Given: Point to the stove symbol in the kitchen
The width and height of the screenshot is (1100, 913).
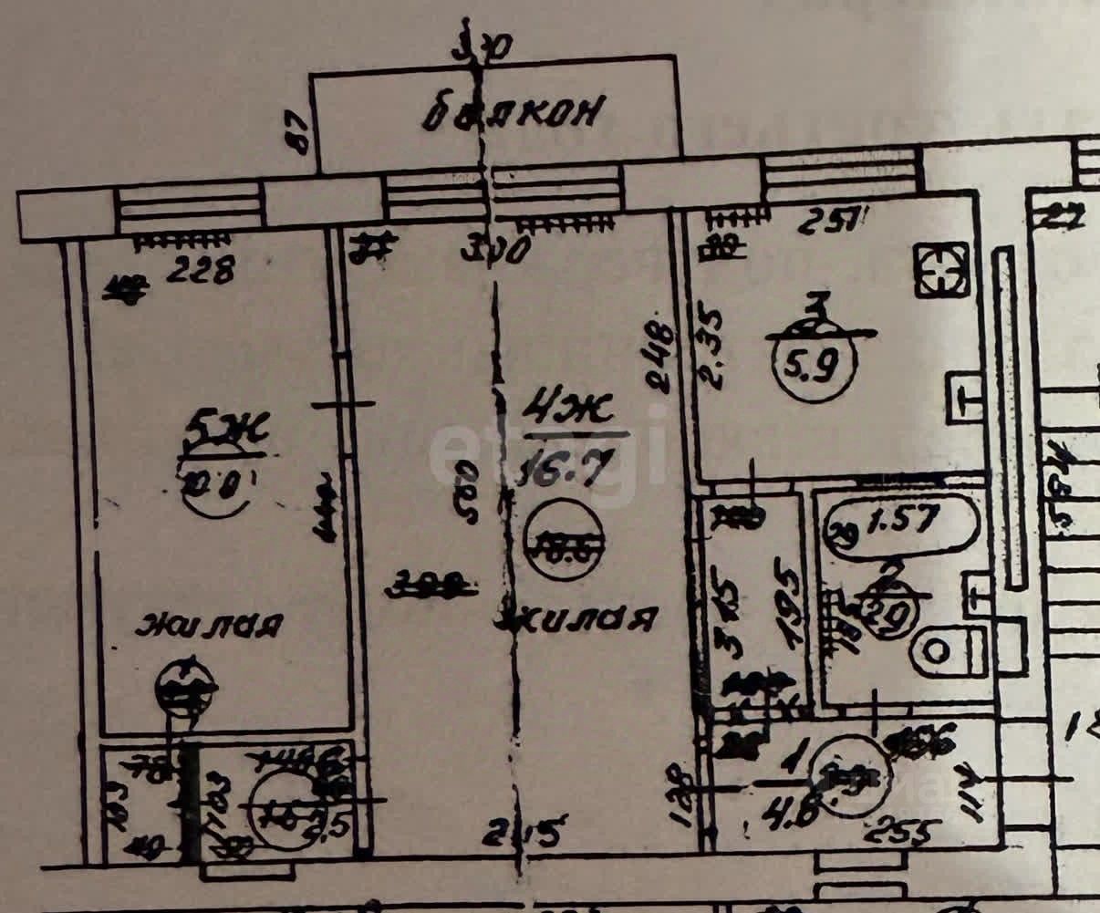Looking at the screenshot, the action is coord(939,270).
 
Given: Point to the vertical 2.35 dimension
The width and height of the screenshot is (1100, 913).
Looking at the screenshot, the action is coord(711,349).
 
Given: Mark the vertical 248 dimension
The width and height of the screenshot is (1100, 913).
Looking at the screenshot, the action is coord(663,358).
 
